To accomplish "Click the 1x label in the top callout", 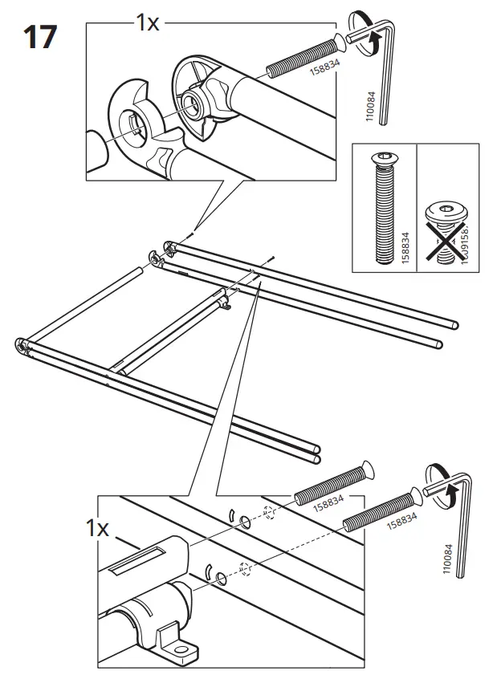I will (x=148, y=22).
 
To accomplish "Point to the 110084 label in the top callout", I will (x=370, y=104).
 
